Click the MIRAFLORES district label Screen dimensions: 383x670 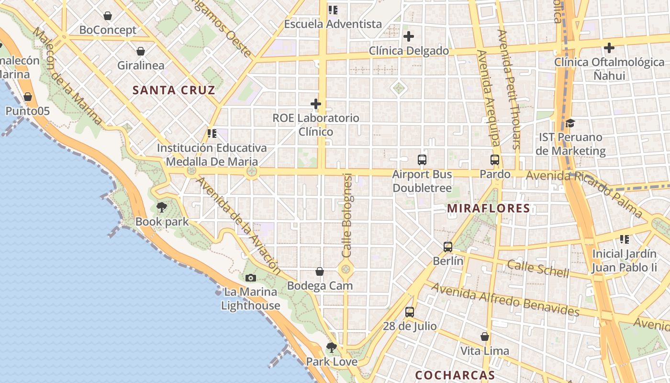(x=489, y=208)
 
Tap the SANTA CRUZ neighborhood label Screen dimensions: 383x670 (x=174, y=90)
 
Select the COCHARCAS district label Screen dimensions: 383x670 (x=455, y=375)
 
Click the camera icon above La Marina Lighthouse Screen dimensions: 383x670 (x=250, y=278)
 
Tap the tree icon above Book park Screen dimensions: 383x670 (x=162, y=207)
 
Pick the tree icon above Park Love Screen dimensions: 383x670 (x=331, y=348)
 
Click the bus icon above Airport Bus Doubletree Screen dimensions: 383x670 (x=422, y=160)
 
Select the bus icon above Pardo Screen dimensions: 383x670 (x=495, y=160)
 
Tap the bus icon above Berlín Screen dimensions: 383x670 (x=448, y=247)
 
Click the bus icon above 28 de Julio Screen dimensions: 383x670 (x=410, y=312)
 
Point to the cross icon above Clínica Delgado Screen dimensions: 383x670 (x=409, y=36)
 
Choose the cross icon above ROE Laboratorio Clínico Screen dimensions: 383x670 (x=316, y=103)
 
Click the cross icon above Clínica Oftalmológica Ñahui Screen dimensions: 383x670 (x=609, y=48)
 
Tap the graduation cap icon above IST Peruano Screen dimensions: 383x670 (x=570, y=124)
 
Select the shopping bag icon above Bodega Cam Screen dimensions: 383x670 (x=320, y=272)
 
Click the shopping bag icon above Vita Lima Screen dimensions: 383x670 (x=485, y=337)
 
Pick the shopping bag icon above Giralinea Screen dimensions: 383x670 (x=141, y=51)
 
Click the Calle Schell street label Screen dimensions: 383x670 (x=538, y=269)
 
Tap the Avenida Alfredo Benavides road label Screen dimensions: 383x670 (x=505, y=300)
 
